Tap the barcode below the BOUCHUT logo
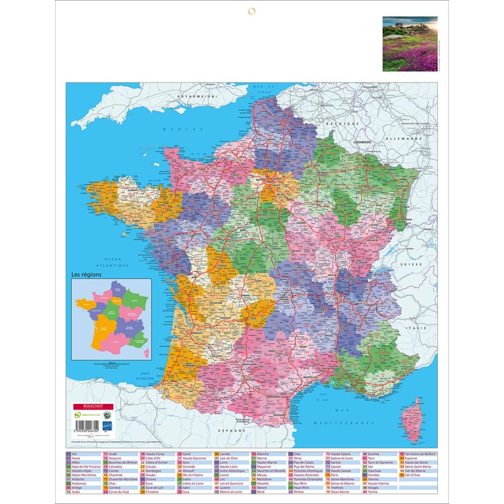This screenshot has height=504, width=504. (83, 422)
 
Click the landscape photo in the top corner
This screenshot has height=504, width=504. (410, 43)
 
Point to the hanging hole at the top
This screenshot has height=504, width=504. (252, 11)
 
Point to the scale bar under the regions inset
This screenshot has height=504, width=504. (112, 364)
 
